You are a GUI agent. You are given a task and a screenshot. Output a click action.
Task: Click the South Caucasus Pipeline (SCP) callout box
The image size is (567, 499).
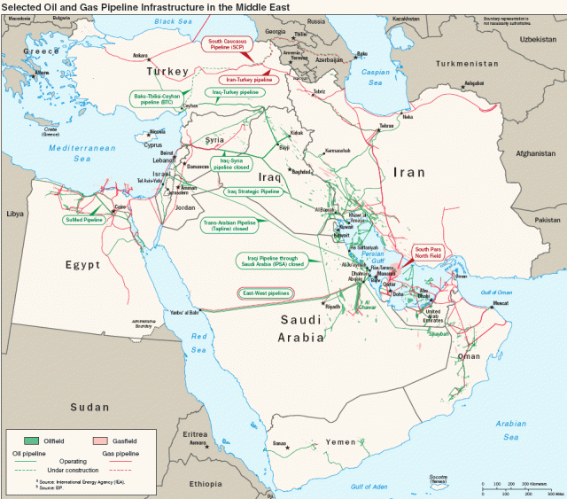tap(228, 45)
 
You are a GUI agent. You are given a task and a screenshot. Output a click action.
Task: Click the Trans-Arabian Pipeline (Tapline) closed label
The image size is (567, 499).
tap(229, 226)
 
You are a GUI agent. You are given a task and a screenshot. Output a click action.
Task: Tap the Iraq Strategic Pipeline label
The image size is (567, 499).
tap(253, 191)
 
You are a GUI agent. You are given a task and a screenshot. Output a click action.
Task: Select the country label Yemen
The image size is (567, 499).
tap(340, 441)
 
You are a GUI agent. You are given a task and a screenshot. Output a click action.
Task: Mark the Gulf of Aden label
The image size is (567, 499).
tap(369, 487)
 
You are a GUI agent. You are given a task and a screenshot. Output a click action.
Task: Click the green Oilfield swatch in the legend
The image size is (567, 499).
tap(33, 440)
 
